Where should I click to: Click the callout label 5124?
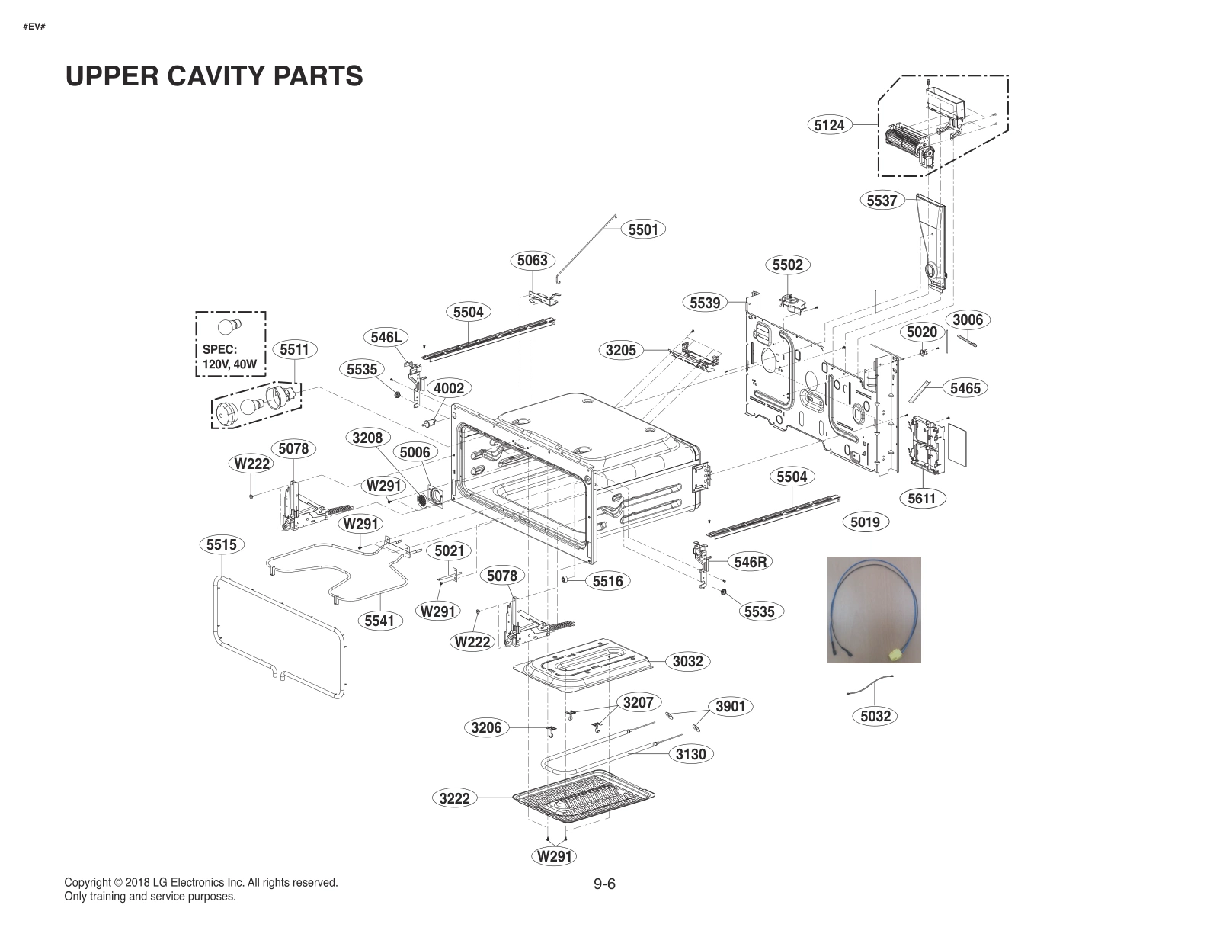[829, 125]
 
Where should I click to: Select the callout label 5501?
[643, 229]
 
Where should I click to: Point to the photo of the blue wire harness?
[874, 609]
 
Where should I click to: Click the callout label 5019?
[865, 522]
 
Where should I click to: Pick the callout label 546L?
[386, 337]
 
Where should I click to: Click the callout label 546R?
[750, 562]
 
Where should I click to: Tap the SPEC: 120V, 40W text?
[229, 357]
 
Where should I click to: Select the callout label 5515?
[222, 544]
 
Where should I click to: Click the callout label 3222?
[455, 798]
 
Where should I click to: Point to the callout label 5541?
[379, 621]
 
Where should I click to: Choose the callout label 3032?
[687, 661]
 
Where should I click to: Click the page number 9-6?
[604, 884]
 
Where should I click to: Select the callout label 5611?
[922, 499]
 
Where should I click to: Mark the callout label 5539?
[705, 303]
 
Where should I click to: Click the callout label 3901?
[730, 707]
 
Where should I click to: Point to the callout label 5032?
[875, 716]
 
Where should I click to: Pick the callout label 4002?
[449, 388]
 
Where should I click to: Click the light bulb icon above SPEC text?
[229, 328]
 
